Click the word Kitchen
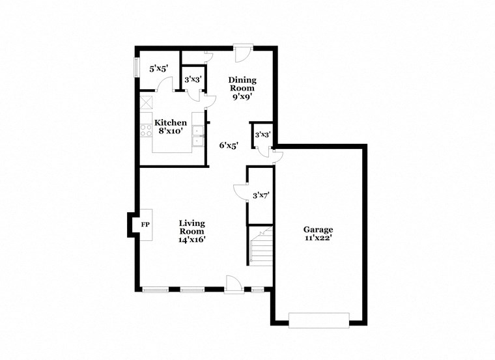(171, 122)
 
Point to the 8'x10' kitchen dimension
(171, 131)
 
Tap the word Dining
(242, 80)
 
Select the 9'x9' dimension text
(242, 96)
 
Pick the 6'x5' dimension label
(228, 145)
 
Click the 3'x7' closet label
(261, 195)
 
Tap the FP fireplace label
(145, 225)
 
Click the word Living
(192, 223)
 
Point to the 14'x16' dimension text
(192, 240)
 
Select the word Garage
(318, 229)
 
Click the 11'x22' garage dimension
(318, 238)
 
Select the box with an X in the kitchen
(146, 102)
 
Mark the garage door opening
(319, 320)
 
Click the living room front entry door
(234, 284)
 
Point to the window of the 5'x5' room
(136, 68)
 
